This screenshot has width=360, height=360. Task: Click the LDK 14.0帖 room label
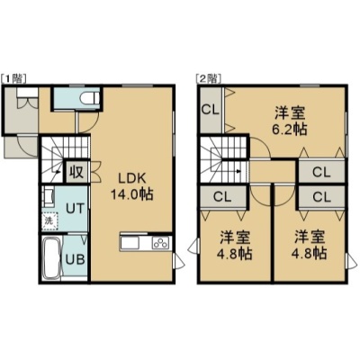tap(132, 186)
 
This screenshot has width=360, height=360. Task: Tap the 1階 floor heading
tap(14, 78)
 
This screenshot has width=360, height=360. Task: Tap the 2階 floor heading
tap(209, 78)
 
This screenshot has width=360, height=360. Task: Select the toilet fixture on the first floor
tap(90, 98)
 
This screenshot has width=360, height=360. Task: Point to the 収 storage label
tap(77, 172)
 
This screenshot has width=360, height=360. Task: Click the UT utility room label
tap(76, 208)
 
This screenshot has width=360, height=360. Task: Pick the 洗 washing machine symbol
tap(49, 221)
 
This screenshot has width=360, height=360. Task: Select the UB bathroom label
tap(75, 259)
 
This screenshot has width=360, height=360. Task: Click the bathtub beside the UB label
tap(50, 258)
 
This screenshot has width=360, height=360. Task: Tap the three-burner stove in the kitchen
tap(162, 243)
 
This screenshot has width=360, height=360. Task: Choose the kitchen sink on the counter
tap(130, 243)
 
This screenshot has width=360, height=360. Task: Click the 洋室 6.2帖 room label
tap(290, 121)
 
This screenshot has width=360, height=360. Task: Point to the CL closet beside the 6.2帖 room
tap(211, 110)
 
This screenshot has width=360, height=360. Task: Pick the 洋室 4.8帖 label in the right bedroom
tap(310, 246)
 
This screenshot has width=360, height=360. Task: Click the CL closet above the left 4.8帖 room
tap(222, 197)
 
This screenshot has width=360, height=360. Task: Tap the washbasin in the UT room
tap(49, 197)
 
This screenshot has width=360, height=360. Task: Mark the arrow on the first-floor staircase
tap(57, 171)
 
